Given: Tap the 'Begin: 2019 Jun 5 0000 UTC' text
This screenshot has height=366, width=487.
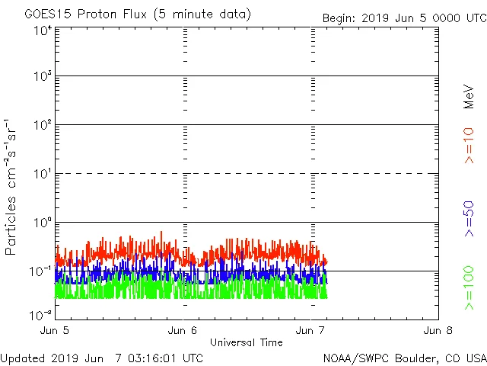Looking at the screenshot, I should pyautogui.click(x=403, y=18).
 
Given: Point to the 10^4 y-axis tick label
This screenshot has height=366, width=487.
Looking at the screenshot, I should pyautogui.click(x=42, y=31).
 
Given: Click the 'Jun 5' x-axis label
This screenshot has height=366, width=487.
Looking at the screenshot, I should pyautogui.click(x=56, y=331).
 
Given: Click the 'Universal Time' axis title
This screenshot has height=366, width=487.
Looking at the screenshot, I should pyautogui.click(x=246, y=343).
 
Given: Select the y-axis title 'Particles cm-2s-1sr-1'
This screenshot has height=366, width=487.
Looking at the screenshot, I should pyautogui.click(x=12, y=187).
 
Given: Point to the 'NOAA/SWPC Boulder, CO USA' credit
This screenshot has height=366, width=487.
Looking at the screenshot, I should pyautogui.click(x=404, y=358).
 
